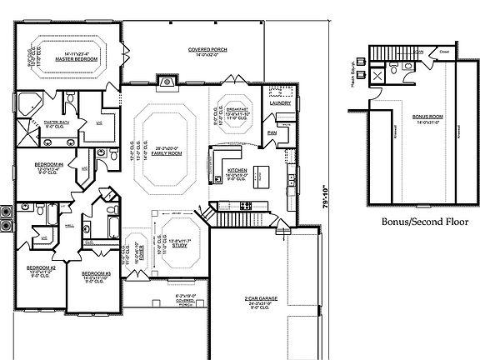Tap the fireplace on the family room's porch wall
[x=167, y=82]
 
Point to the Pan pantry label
[x=272, y=132]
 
